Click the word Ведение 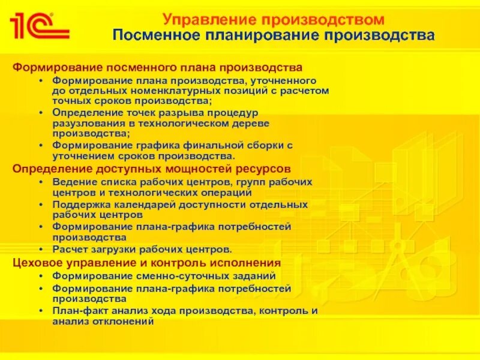[73, 181]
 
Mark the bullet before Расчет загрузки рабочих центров [40, 249]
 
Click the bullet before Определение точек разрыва [40, 113]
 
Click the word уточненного [280, 80]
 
